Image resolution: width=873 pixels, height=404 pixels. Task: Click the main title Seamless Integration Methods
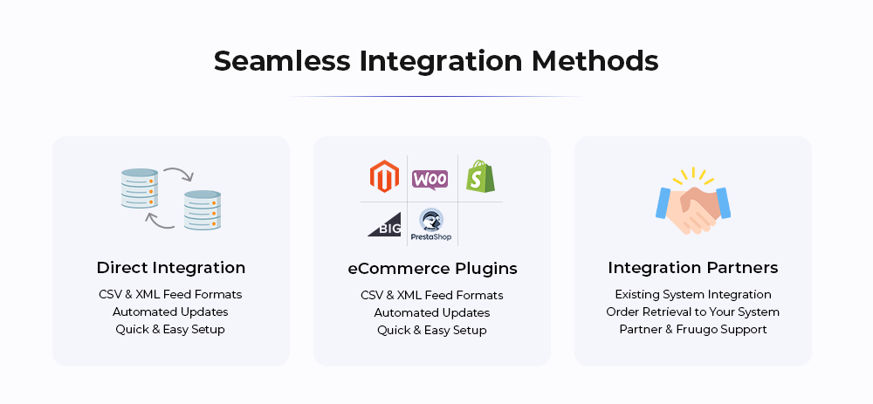pyautogui.click(x=436, y=61)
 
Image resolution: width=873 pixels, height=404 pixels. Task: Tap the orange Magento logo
pyautogui.click(x=384, y=176)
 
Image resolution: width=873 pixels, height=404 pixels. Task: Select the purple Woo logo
pyautogui.click(x=430, y=180)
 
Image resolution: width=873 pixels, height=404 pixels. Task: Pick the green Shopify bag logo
pyautogui.click(x=480, y=176)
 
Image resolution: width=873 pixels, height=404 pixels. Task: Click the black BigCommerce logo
pyautogui.click(x=384, y=224)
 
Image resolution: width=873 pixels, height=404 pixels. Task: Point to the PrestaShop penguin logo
pyautogui.click(x=431, y=225)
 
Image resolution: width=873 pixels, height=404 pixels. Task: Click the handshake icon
pyautogui.click(x=693, y=202)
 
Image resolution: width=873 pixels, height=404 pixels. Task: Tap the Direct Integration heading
pyautogui.click(x=171, y=268)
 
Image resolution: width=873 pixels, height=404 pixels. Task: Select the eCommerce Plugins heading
pyautogui.click(x=433, y=269)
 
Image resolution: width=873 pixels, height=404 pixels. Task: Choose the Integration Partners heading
pyautogui.click(x=693, y=268)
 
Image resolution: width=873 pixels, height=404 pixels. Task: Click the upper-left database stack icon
pyautogui.click(x=139, y=188)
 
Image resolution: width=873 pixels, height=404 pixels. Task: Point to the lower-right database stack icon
pyautogui.click(x=203, y=210)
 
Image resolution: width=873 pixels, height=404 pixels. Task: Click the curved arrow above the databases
pyautogui.click(x=179, y=172)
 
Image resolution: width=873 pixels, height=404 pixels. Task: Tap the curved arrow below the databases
pyautogui.click(x=159, y=221)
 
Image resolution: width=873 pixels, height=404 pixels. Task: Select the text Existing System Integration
pyautogui.click(x=693, y=294)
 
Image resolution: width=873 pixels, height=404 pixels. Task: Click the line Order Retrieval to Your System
pyautogui.click(x=693, y=312)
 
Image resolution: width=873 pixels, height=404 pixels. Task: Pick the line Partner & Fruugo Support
pyautogui.click(x=693, y=330)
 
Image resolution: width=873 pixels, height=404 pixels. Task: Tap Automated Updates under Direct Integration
pyautogui.click(x=170, y=312)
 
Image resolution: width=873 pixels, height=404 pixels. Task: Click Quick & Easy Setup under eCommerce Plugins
pyautogui.click(x=432, y=331)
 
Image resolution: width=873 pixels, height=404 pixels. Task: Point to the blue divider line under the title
pyautogui.click(x=436, y=96)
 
